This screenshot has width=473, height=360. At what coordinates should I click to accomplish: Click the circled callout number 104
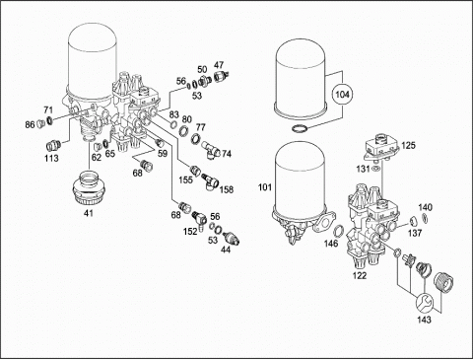click(343, 95)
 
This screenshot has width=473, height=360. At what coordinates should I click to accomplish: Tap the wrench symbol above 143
click(424, 303)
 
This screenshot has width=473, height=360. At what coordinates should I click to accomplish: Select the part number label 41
click(89, 213)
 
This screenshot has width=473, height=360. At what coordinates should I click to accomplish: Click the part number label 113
click(51, 159)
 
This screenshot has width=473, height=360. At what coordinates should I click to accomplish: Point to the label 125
click(408, 145)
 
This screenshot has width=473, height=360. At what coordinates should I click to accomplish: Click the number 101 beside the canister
click(265, 187)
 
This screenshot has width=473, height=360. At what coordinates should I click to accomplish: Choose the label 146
click(331, 244)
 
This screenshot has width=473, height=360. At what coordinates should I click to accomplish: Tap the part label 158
click(227, 189)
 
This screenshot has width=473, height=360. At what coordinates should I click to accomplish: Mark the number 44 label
click(226, 250)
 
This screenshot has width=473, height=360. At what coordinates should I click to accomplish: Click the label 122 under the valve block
click(360, 275)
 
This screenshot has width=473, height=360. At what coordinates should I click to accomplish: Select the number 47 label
click(219, 64)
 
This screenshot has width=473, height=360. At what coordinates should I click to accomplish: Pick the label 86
click(30, 125)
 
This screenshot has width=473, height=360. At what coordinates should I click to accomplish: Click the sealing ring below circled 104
click(301, 128)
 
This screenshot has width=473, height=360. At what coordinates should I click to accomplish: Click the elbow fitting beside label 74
click(210, 150)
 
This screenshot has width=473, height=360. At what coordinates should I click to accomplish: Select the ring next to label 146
click(339, 231)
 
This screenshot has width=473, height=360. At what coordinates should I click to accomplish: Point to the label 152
click(190, 232)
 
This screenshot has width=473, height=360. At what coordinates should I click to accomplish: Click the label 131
click(363, 169)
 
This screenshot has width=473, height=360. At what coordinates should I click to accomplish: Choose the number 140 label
click(426, 207)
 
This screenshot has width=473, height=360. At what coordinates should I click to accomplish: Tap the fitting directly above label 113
click(52, 145)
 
